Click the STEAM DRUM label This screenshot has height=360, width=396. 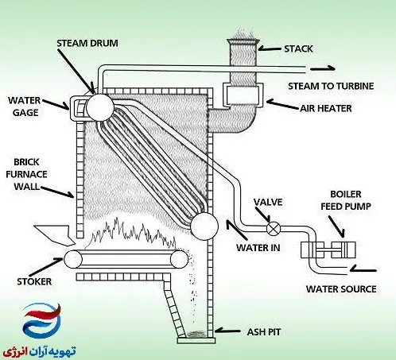[x=87, y=43]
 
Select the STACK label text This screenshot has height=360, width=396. [x=298, y=48]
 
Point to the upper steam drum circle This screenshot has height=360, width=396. [x=100, y=107]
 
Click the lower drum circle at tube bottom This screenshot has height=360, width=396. [x=204, y=226]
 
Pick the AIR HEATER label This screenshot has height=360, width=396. [x=326, y=108]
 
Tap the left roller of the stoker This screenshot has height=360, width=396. [x=73, y=259]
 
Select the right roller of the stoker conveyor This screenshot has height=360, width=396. [x=179, y=259]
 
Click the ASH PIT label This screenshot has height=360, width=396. [x=264, y=332]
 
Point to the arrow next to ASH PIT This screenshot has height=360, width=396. [x=227, y=331]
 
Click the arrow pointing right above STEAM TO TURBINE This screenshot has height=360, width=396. [x=323, y=69]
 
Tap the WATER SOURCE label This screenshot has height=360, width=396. [x=341, y=288]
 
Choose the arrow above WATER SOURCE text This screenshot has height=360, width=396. [x=363, y=269]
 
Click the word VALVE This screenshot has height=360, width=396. [x=268, y=202]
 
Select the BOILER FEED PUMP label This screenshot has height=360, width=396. [x=346, y=200]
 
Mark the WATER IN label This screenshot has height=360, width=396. [x=258, y=248]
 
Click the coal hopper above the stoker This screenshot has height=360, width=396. [x=56, y=234]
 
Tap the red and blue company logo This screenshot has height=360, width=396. [x=42, y=319]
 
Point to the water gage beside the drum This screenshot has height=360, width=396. [x=78, y=108]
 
